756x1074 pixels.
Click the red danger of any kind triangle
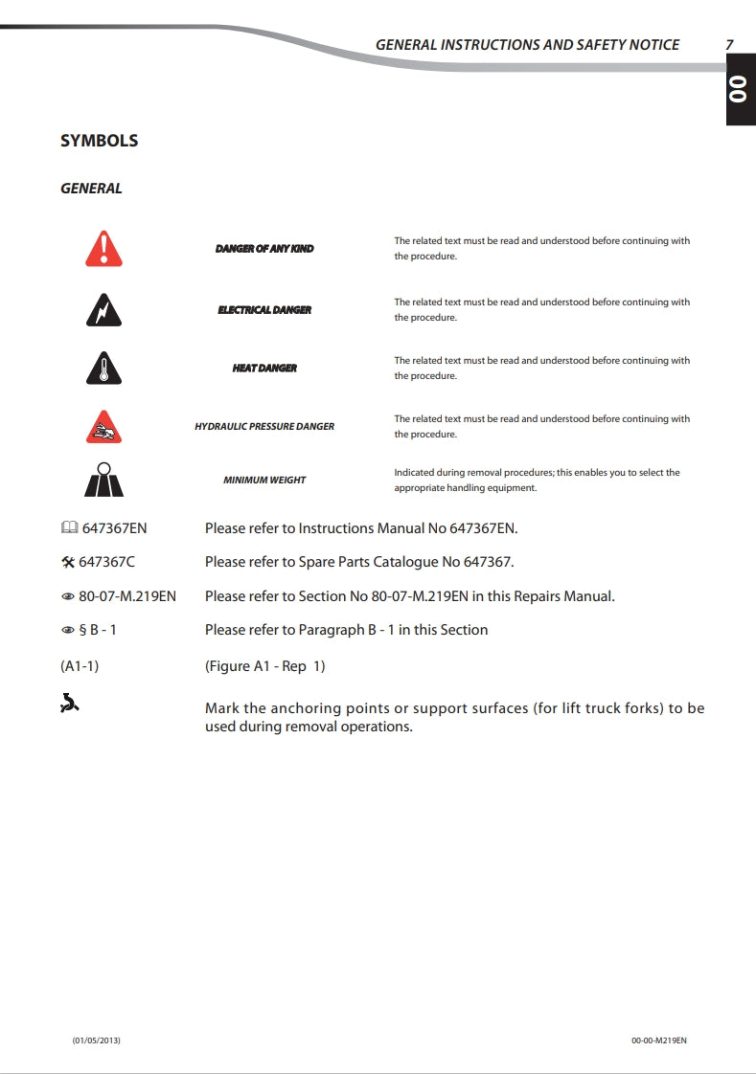[103, 249]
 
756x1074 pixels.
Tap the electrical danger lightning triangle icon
[103, 310]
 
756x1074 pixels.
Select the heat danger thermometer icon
[103, 369]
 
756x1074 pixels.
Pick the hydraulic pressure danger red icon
[103, 426]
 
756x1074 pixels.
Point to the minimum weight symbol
[103, 480]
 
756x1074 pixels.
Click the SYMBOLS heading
[100, 141]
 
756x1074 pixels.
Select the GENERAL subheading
[91, 189]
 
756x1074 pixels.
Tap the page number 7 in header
[729, 44]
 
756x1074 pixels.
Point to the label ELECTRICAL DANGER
[264, 310]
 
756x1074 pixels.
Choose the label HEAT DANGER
[264, 369]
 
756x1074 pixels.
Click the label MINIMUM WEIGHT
[264, 480]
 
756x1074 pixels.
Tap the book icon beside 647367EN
[68, 528]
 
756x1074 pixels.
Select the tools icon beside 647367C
[68, 562]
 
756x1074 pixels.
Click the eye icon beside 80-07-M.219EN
[68, 596]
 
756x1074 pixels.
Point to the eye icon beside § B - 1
[68, 630]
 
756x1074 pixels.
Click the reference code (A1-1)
[80, 666]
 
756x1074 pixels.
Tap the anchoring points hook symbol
[69, 706]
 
